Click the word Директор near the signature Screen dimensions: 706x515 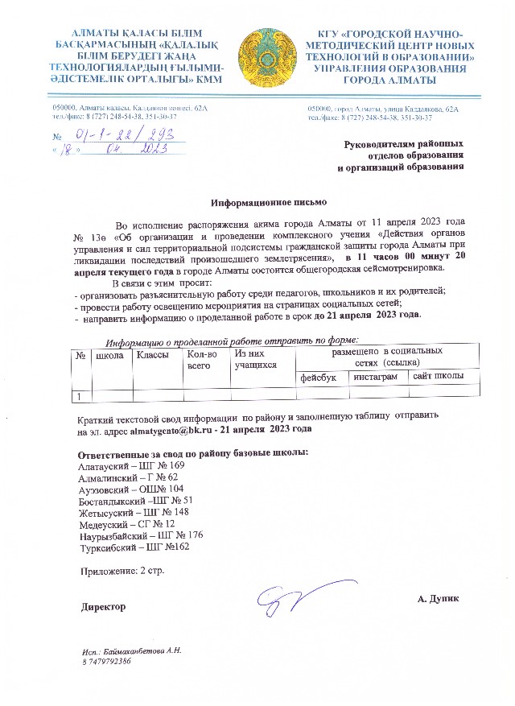[x=102, y=604]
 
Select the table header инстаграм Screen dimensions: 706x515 [x=376, y=377]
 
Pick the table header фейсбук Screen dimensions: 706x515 [x=319, y=377]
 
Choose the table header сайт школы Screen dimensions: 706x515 [x=439, y=377]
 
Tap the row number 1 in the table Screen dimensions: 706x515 [x=79, y=395]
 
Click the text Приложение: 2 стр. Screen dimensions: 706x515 [x=122, y=572]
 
